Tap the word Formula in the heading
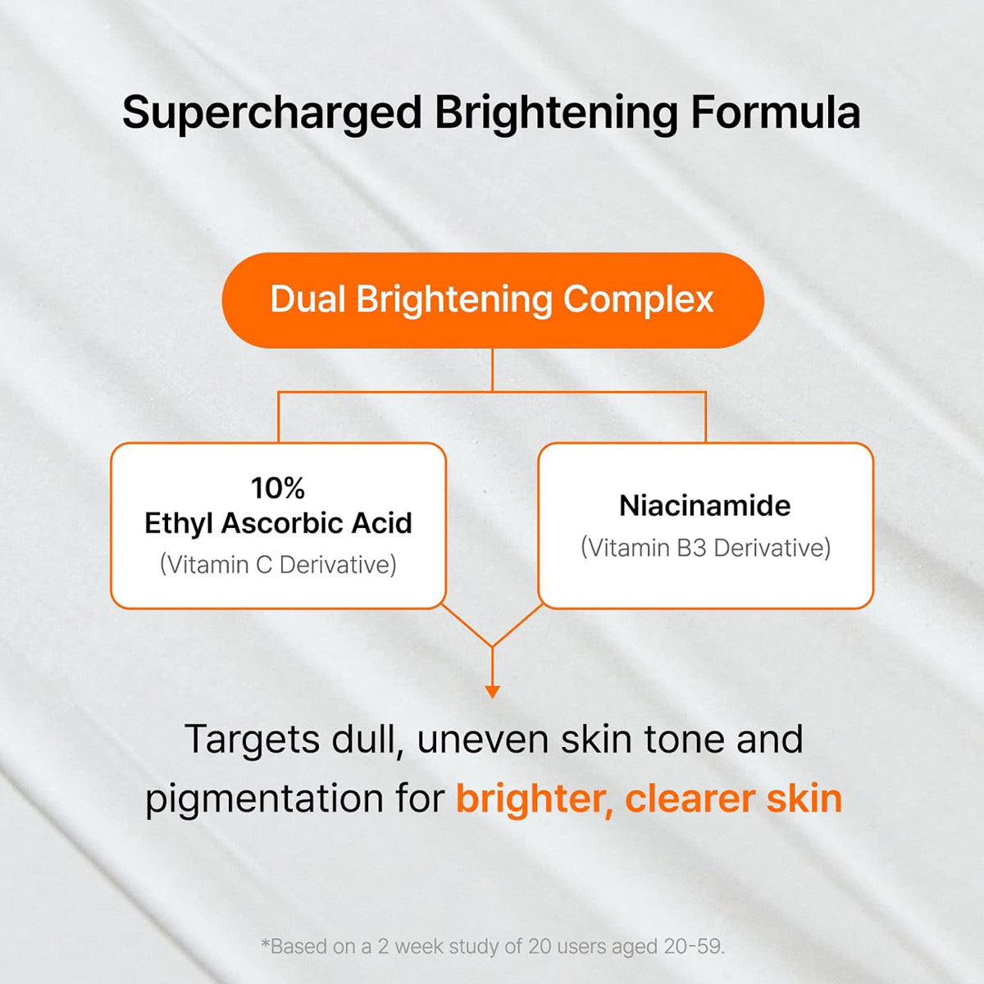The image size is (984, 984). (x=775, y=112)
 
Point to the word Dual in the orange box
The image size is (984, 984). (x=307, y=299)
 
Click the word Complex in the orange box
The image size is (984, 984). (x=638, y=300)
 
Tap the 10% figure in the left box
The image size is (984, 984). (x=278, y=488)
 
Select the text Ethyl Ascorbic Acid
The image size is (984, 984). (x=278, y=523)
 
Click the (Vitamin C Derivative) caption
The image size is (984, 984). (x=278, y=564)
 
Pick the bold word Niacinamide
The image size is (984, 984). (x=705, y=505)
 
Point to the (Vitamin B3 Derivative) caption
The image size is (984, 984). (x=705, y=548)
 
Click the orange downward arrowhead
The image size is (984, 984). (x=492, y=691)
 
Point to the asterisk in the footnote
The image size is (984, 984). (x=265, y=944)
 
